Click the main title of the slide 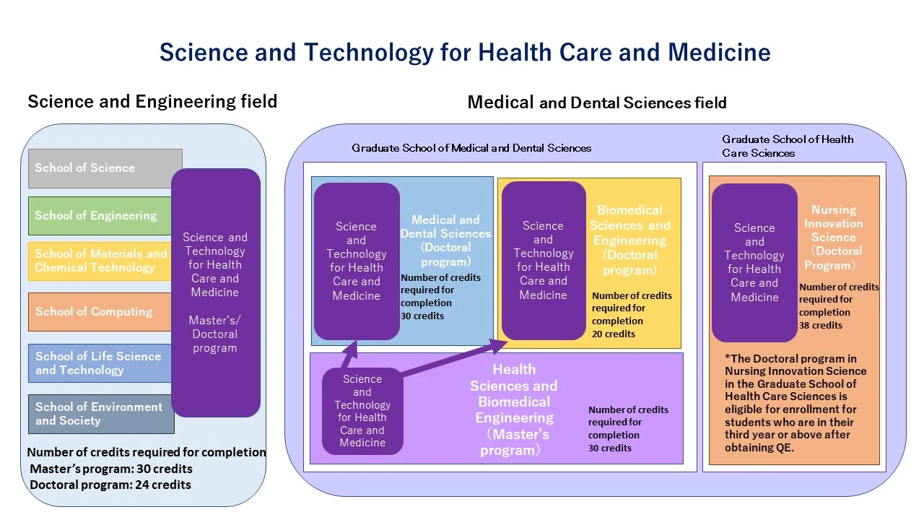(464, 52)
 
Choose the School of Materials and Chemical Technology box (100, 261)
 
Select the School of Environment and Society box (100, 414)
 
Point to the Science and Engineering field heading (152, 101)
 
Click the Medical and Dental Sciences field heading (596, 103)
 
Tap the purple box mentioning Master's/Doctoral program (215, 292)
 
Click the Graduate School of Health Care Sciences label (788, 146)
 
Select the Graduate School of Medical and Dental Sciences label (471, 148)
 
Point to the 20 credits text (614, 334)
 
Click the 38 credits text (821, 325)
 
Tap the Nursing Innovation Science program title (834, 237)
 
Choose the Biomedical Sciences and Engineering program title (629, 240)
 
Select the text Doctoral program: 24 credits (110, 485)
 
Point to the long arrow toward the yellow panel (455, 359)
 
